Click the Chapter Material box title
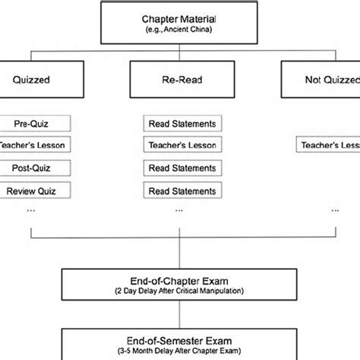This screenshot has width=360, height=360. (x=179, y=18)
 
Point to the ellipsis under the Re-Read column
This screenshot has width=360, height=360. (x=179, y=210)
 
